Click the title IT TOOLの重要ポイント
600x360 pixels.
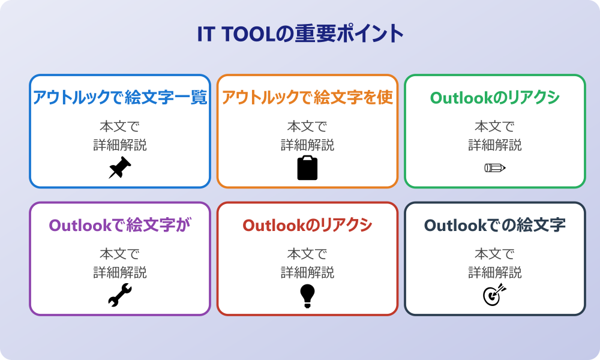point(300,34)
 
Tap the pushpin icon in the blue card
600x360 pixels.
point(120,167)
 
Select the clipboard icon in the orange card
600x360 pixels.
point(307,167)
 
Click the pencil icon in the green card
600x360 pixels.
point(495,167)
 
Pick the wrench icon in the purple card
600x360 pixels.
point(120,295)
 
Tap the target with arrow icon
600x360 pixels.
point(495,295)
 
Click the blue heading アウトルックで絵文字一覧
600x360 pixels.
point(120,98)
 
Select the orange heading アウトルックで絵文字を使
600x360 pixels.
point(307,98)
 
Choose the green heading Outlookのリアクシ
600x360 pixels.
point(495,98)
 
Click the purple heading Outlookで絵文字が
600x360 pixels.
point(120,225)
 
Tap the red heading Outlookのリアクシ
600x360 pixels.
point(307,225)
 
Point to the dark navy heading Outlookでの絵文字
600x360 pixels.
point(495,225)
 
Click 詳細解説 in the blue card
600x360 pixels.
point(120,145)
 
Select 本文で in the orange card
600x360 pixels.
point(307,126)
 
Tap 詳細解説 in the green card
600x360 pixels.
point(495,145)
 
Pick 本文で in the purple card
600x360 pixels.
point(120,254)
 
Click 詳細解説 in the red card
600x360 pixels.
point(307,272)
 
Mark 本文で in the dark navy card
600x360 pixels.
point(495,254)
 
